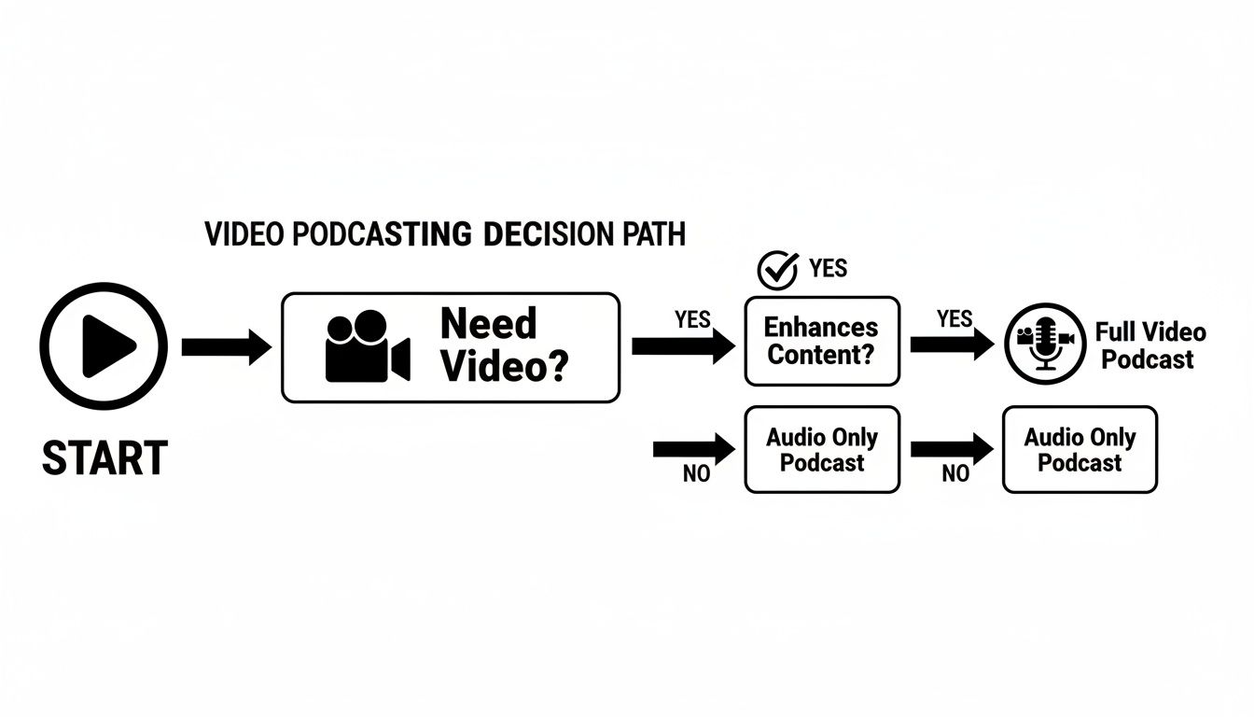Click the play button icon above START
pyautogui.click(x=104, y=346)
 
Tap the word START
pyautogui.click(x=104, y=459)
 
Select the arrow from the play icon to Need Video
pyautogui.click(x=225, y=347)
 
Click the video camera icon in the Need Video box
pyautogui.click(x=367, y=346)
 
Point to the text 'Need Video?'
pyautogui.click(x=503, y=345)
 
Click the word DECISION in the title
pyautogui.click(x=546, y=233)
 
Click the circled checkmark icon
pyautogui.click(x=776, y=271)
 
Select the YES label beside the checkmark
pyautogui.click(x=828, y=269)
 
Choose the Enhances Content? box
pyautogui.click(x=822, y=341)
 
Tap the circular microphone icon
pyautogui.click(x=1045, y=343)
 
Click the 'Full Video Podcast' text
pyautogui.click(x=1149, y=345)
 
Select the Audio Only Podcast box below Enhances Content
pyautogui.click(x=822, y=449)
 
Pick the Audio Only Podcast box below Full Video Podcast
pyautogui.click(x=1080, y=449)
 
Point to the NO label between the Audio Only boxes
pyautogui.click(x=955, y=474)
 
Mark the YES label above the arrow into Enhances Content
pyautogui.click(x=692, y=319)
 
